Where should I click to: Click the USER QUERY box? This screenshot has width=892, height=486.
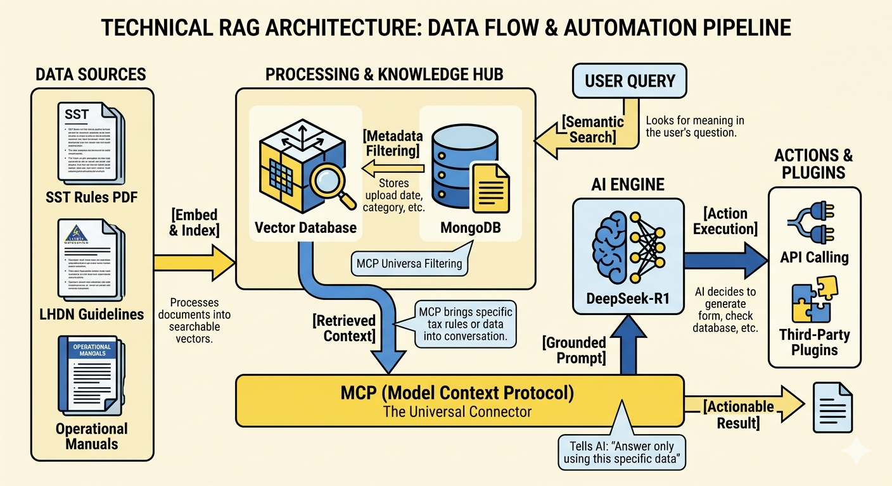click(x=630, y=81)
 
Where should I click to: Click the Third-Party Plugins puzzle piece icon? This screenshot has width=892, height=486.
click(x=813, y=300)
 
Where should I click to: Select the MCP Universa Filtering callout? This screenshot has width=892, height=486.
click(x=409, y=263)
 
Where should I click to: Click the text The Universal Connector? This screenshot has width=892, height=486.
click(x=459, y=412)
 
